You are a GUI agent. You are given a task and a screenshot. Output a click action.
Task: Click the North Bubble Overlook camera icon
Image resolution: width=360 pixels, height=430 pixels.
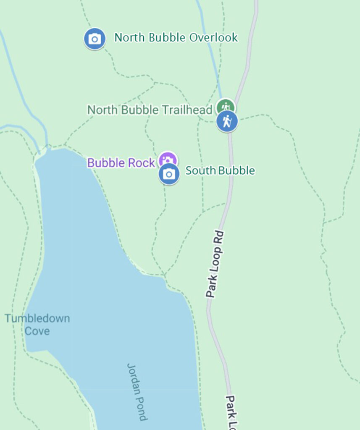[x=95, y=39]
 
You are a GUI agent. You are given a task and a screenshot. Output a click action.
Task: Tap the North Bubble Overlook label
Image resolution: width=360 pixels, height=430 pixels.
[x=176, y=38]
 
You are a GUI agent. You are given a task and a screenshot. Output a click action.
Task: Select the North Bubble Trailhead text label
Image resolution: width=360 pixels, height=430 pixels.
[x=150, y=110]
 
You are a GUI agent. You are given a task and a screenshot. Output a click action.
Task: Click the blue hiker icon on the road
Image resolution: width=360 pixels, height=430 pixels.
[x=227, y=121]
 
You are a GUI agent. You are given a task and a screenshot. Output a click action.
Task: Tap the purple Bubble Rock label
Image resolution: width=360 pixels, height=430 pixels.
[x=121, y=163]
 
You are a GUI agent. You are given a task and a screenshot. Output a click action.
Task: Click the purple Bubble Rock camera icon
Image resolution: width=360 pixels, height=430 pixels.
[x=168, y=160]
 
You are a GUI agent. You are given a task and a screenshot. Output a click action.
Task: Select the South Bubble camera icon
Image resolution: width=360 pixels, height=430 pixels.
[x=169, y=174]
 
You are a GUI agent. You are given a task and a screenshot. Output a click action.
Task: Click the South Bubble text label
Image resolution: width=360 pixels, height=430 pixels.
[x=220, y=170]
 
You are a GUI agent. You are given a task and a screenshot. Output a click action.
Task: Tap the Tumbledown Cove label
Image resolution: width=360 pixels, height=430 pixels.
[x=37, y=324]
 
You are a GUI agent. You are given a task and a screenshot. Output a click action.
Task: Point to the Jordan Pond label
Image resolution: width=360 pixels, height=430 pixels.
[x=137, y=391]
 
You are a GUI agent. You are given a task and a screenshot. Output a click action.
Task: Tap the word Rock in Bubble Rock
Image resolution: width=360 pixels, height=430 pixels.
[x=141, y=163]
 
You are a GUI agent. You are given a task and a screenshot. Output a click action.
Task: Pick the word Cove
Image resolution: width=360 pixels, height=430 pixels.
[x=37, y=331]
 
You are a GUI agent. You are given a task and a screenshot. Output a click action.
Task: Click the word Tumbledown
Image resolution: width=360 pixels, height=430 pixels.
[x=37, y=318]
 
